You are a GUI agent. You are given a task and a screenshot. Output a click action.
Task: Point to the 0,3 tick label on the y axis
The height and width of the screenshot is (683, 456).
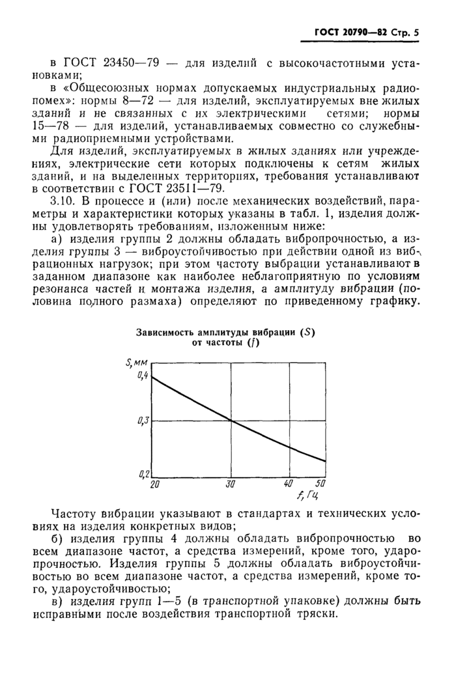point(143,421)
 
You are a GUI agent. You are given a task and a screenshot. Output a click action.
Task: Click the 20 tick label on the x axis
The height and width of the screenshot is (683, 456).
point(155,484)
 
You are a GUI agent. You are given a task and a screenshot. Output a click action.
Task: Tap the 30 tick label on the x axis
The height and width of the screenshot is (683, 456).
point(230,484)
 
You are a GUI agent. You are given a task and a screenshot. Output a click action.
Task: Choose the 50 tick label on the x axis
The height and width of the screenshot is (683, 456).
point(319,484)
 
